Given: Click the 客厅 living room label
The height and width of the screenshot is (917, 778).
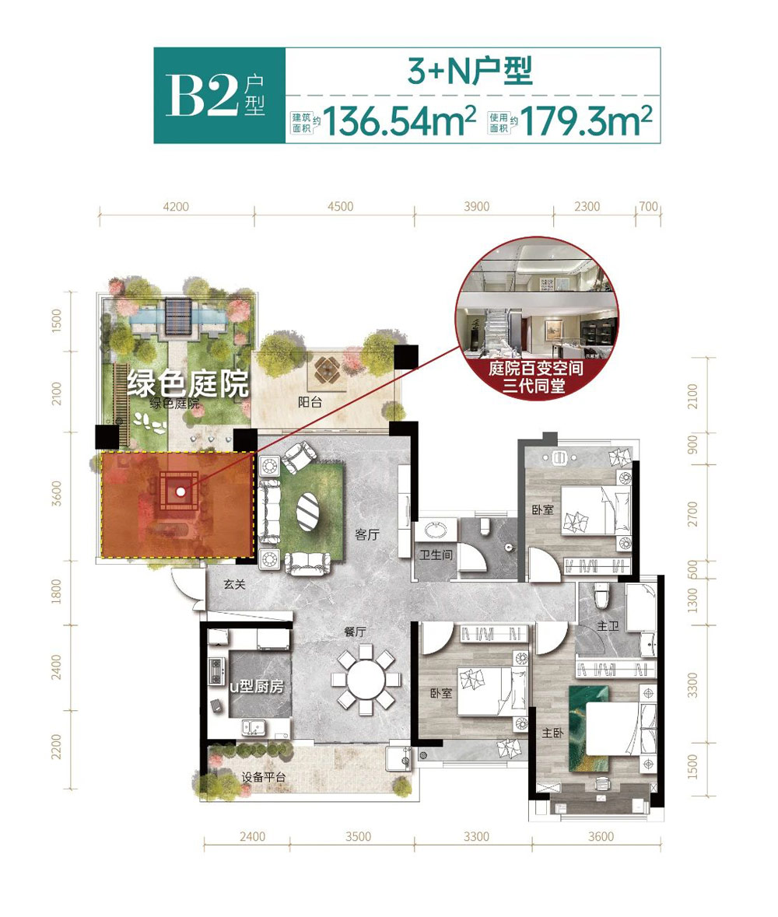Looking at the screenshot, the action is coord(366,534).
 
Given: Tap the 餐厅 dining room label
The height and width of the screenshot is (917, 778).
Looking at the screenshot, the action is coord(355,632).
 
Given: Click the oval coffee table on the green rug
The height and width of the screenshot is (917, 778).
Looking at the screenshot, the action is coord(307,513).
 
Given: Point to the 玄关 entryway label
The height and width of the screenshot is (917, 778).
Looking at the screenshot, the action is coord(234,584).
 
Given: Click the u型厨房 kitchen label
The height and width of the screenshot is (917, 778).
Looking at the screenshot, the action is coord(256,685).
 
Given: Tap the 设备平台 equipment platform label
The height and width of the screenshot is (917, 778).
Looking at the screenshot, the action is coord(264,777).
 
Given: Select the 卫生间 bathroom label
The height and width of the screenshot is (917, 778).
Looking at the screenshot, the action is coord(436,554).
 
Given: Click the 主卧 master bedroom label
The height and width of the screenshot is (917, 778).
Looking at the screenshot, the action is coord(553,732).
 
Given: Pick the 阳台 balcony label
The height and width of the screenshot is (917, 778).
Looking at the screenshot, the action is coord(310,402).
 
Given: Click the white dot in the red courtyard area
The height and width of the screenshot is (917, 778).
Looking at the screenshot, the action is coord(180,492).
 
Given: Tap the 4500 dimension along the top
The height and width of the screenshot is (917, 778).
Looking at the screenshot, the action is coord(341,206).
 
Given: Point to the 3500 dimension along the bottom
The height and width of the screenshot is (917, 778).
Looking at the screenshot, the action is coord(358,836).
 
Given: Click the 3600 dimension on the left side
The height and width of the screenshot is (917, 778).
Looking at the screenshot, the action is coord(56,493).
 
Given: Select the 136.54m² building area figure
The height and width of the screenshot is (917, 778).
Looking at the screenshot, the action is coord(400,121).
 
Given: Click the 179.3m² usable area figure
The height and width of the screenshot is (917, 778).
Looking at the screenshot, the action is coord(586,121).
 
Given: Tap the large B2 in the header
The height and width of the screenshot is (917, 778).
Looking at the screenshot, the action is coord(202,96).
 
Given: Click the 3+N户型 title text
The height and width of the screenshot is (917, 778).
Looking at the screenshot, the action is coord(471,71).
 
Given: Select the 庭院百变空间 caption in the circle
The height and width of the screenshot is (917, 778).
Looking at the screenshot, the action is coord(536,369).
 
